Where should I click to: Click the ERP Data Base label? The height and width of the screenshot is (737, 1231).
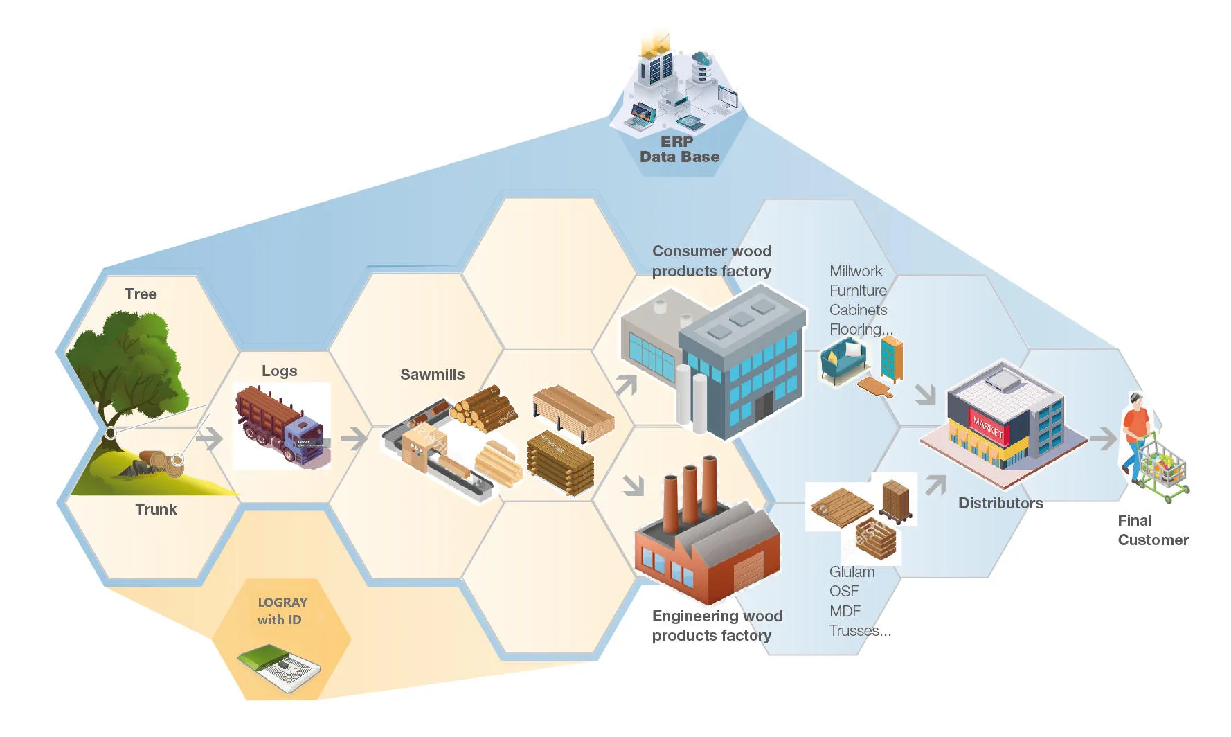[x=679, y=149]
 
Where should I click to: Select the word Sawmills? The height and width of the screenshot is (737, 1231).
[x=433, y=374]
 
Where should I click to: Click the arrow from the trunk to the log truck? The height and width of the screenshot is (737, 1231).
[x=209, y=438]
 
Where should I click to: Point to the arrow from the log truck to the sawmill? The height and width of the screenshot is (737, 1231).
[x=354, y=438]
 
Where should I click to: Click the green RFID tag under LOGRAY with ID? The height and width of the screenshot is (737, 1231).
[x=278, y=667]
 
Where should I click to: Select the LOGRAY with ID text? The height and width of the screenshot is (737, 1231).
[x=282, y=611]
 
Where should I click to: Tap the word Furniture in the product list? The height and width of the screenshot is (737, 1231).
[x=858, y=290]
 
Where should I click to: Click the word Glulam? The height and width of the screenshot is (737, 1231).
[x=852, y=571]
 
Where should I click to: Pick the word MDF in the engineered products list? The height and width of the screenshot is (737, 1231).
[x=845, y=611]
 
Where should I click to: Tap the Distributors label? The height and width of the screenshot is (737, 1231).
[x=1000, y=503]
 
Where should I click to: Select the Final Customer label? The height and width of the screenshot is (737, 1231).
[x=1153, y=530]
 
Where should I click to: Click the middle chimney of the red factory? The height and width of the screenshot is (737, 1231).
[x=690, y=495]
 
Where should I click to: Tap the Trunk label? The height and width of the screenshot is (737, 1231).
[x=156, y=509]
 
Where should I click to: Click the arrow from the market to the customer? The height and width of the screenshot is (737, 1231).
[x=1104, y=438]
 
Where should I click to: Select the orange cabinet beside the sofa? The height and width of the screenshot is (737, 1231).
[x=892, y=359]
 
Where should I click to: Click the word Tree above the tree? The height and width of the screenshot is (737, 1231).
[x=141, y=294]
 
